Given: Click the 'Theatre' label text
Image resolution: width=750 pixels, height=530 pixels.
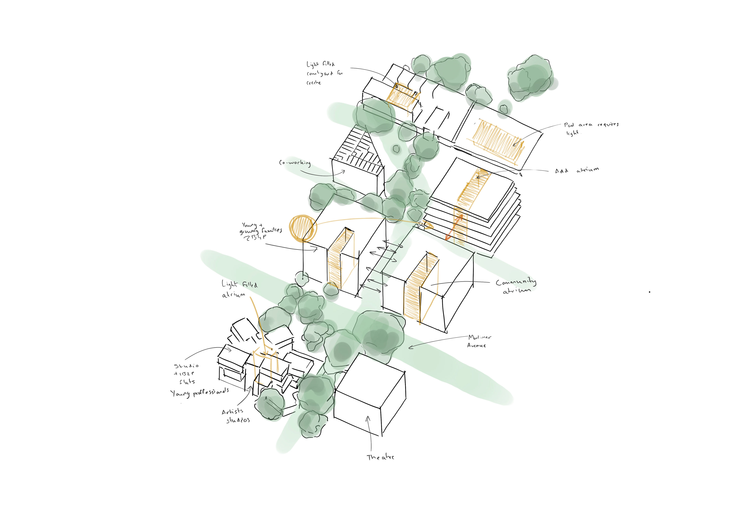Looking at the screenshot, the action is click(380, 457).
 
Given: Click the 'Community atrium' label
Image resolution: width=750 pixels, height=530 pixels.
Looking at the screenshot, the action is click(515, 286).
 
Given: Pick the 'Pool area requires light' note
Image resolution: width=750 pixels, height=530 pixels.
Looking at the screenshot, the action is click(591, 128).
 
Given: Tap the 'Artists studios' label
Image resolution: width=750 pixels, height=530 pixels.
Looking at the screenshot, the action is click(235, 415).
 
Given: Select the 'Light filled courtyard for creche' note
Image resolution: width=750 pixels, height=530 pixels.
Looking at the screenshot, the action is click(324, 73).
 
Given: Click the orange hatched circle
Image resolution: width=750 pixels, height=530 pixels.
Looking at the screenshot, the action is click(303, 228).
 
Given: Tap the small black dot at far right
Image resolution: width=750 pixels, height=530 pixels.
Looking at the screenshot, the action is click(649, 292).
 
